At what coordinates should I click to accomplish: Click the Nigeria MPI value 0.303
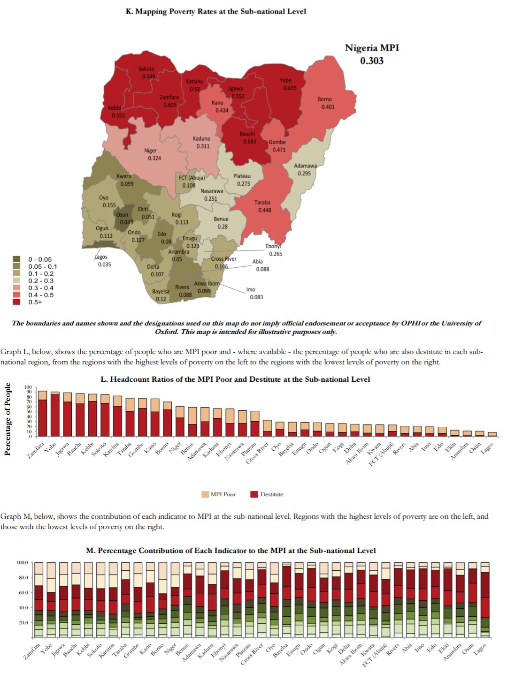pos(372,60)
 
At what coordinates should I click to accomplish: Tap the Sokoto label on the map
pos(146,68)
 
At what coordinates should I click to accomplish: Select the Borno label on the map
pos(324,99)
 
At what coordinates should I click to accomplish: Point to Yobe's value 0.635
pos(290,88)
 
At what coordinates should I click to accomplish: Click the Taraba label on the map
pos(262,202)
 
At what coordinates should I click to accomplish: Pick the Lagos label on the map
pos(101,257)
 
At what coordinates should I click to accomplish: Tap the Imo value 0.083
pos(256,297)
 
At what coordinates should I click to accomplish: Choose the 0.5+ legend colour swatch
pos(16,302)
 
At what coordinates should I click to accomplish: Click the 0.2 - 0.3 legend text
pos(41,280)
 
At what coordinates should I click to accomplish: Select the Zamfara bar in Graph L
pos(42,413)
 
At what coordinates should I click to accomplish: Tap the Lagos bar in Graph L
pos(492,434)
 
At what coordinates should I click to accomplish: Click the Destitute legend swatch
pos(254,494)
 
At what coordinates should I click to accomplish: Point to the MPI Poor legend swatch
pos(205,494)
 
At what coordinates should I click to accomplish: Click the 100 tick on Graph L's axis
pos(28,387)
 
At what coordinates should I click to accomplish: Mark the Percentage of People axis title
pos(8,419)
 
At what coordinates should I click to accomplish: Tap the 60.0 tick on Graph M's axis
pos(23,592)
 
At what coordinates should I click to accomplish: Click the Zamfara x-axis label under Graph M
pos(33,652)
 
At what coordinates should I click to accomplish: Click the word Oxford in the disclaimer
pos(167,332)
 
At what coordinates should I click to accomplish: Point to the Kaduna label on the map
pos(201,138)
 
